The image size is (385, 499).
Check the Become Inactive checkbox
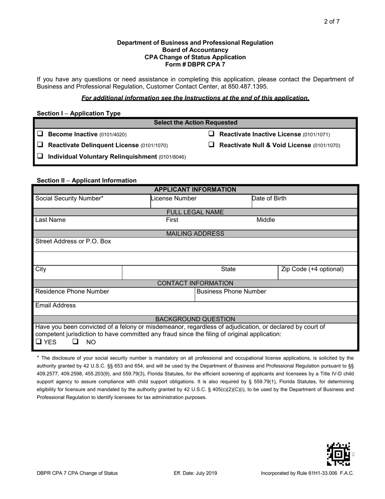40,134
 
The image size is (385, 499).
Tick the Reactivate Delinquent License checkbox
40,145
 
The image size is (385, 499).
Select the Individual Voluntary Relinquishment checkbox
40,156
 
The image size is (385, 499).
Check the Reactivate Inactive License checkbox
211,134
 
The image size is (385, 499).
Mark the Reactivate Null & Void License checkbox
211,145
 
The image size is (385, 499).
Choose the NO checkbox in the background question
76,342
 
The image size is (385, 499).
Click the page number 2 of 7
332,22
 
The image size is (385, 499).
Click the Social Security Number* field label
69,198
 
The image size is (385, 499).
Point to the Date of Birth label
269,198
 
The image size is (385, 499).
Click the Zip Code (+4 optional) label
312,269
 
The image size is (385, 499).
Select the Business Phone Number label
231,291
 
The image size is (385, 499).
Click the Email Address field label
56,305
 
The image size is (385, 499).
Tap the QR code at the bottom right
338,454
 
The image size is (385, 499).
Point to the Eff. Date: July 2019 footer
195,473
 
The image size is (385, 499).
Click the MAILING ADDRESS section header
195,234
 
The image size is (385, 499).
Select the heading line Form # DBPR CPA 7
195,65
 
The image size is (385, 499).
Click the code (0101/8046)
172,157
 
